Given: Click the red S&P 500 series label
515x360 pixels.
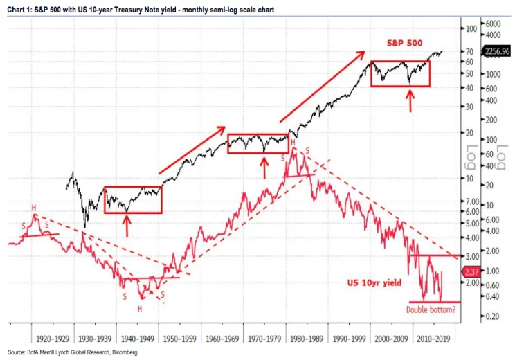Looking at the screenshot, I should [405, 42].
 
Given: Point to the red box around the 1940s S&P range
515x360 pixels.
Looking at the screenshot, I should [133, 199].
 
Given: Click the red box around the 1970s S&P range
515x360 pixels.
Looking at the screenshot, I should [257, 143].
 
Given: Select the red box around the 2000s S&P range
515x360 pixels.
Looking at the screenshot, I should [400, 73].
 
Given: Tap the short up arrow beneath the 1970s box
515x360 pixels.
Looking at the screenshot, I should [264, 167].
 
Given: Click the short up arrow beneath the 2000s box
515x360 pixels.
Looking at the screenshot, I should [410, 100].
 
